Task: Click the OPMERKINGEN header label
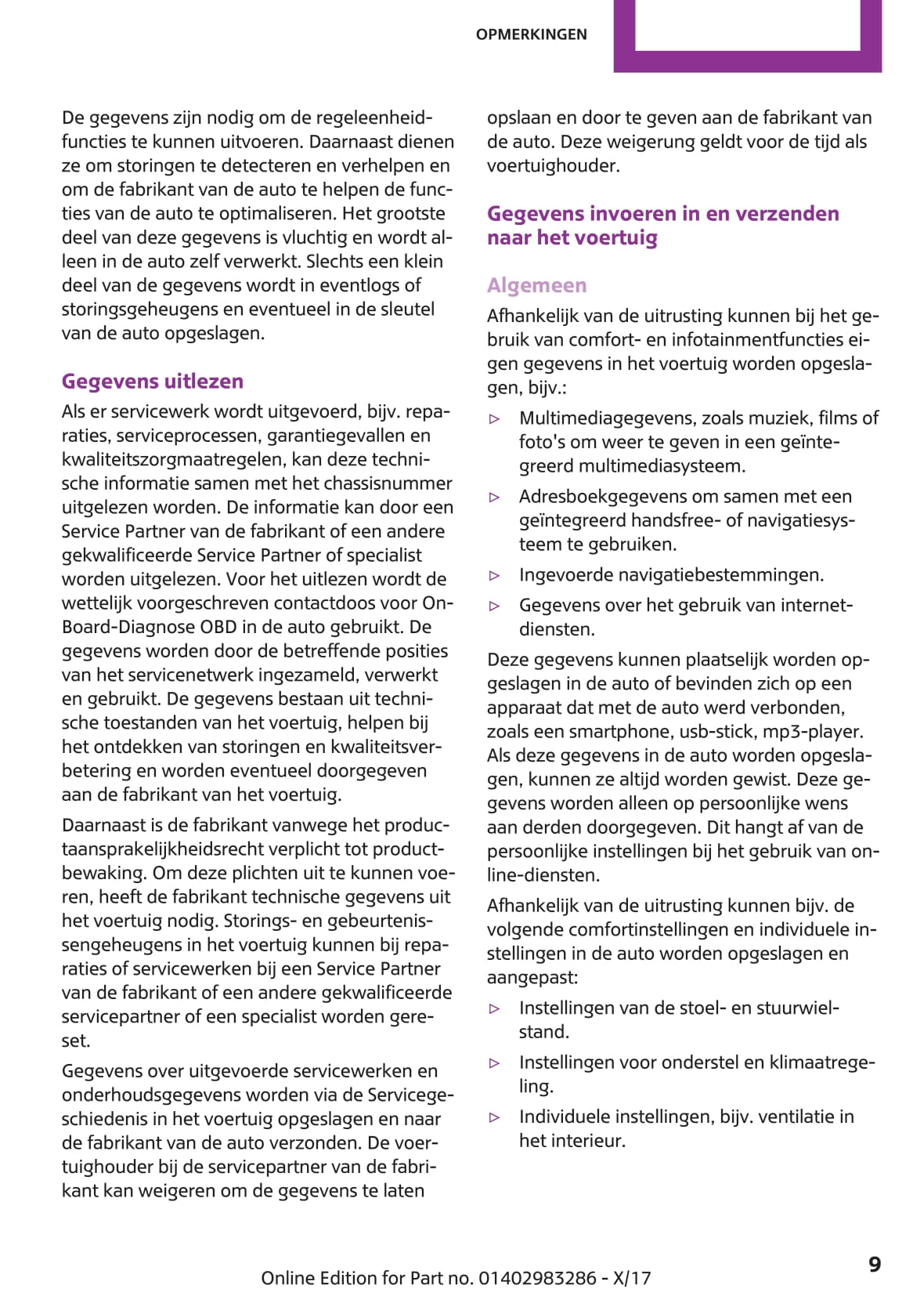coord(531,34)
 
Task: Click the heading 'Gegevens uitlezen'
coord(153,382)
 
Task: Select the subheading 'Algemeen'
coord(536,285)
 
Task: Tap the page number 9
coord(875,1265)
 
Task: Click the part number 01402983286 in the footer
coord(537,1278)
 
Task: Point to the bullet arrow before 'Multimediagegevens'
coord(494,419)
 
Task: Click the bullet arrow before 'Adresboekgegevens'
coord(494,498)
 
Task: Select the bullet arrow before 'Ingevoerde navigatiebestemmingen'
coord(494,576)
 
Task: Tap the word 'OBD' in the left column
coord(219,627)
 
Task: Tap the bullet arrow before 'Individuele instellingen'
coord(494,1118)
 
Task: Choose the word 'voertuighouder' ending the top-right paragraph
coord(553,165)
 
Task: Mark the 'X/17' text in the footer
coord(631,1278)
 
